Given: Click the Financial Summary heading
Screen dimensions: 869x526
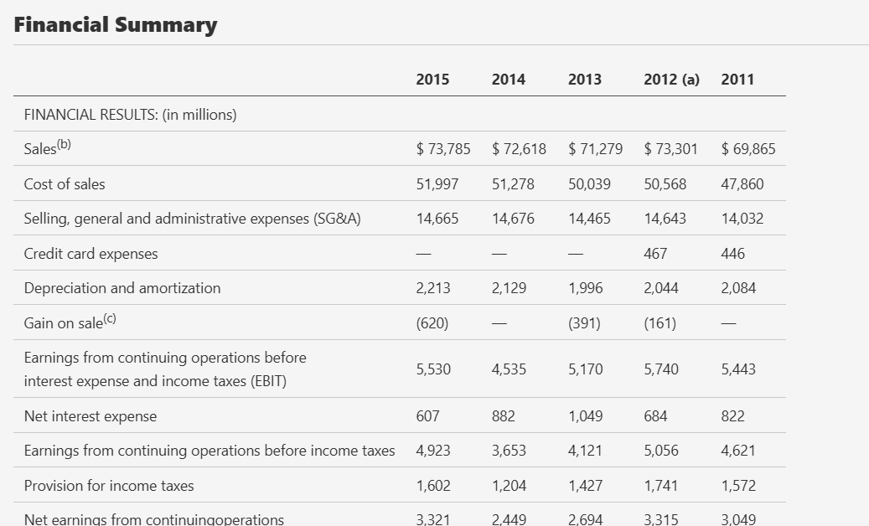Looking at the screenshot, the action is tap(116, 25).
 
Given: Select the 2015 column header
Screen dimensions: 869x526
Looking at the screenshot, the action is tap(432, 80).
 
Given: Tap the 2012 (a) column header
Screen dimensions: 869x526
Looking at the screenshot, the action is tap(671, 80).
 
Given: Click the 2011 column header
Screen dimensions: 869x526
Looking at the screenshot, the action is tap(737, 80).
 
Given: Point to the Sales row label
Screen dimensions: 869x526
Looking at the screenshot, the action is tap(48, 147).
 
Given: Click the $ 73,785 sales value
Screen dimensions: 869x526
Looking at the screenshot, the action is tap(442, 149).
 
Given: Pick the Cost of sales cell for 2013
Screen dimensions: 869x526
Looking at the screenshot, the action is tap(589, 183).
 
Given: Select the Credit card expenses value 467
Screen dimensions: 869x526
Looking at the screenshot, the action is tap(655, 254).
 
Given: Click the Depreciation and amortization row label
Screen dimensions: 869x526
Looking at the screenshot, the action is tap(122, 288).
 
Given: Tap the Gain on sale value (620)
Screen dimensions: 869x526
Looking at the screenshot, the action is tap(432, 322).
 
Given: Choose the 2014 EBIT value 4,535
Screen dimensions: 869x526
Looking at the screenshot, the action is tap(509, 369).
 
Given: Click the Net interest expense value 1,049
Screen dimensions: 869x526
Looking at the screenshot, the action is tap(585, 415).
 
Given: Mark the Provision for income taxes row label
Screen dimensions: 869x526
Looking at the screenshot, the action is tap(109, 486).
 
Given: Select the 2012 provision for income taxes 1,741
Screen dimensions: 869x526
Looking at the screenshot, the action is tap(660, 486).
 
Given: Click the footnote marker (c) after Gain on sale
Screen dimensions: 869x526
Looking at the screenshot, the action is tap(110, 318).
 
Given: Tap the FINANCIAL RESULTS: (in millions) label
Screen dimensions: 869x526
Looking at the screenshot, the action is tap(130, 115).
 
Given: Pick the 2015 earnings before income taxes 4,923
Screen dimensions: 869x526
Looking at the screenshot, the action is tap(433, 451).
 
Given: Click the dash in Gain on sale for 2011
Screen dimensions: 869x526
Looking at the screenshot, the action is tap(728, 323).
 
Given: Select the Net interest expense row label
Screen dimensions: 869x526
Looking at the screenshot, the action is tap(91, 415).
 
